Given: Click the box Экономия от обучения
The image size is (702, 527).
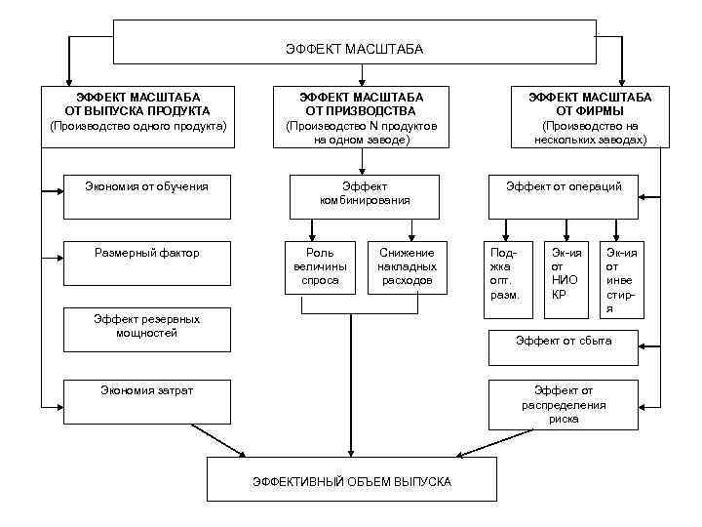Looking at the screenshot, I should (x=147, y=195).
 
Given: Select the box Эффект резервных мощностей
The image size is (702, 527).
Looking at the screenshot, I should (x=147, y=330).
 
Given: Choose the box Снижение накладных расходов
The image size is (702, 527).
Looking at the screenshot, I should (x=407, y=266).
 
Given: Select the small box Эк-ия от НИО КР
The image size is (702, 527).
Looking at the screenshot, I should (x=565, y=278).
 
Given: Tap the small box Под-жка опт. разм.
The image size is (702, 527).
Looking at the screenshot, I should (x=509, y=278).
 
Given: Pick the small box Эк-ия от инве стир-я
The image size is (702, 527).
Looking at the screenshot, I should (x=623, y=279).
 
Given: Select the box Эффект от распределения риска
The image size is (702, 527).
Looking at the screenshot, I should (x=564, y=404).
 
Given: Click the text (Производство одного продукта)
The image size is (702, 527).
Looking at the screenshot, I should (x=137, y=127).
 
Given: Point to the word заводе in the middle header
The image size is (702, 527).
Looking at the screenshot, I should (x=381, y=141).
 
